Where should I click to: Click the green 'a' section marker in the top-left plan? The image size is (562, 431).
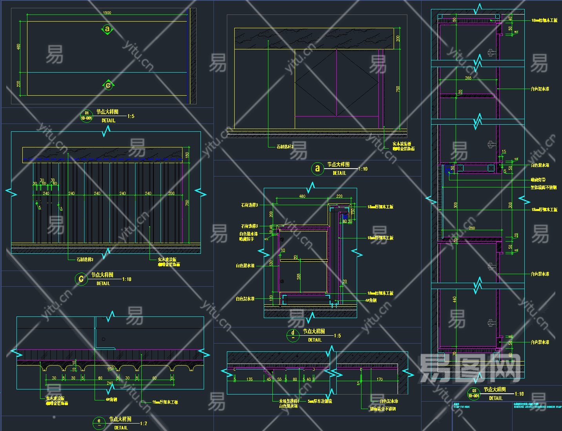pyautogui.click(x=107, y=29)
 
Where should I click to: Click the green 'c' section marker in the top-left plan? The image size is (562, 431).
pyautogui.click(x=108, y=85)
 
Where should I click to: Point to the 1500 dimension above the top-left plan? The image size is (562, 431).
pyautogui.click(x=107, y=13)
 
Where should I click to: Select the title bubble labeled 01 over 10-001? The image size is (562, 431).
pyautogui.click(x=86, y=116)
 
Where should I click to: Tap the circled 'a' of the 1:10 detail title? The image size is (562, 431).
pyautogui.click(x=317, y=169)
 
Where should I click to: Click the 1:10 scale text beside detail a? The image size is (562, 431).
pyautogui.click(x=363, y=169)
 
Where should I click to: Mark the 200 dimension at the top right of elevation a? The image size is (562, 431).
pyautogui.click(x=398, y=38)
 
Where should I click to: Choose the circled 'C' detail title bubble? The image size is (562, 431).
pyautogui.click(x=81, y=279)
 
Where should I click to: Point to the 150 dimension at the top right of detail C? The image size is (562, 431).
pyautogui.click(x=187, y=155)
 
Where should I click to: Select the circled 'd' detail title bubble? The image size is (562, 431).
pyautogui.click(x=293, y=335)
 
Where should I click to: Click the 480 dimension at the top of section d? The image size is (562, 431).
pyautogui.click(x=302, y=196)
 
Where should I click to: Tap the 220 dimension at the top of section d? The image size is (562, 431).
pyautogui.click(x=339, y=196)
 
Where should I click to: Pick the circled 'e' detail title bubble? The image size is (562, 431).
pyautogui.click(x=99, y=423)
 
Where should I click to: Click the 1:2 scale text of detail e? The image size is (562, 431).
pyautogui.click(x=143, y=424)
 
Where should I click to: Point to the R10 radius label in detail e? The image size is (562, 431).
pyautogui.click(x=111, y=369)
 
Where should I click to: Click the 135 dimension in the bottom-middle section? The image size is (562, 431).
pyautogui.click(x=249, y=380)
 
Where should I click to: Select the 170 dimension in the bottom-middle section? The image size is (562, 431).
pyautogui.click(x=380, y=380)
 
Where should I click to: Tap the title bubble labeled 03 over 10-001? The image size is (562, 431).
pyautogui.click(x=474, y=393)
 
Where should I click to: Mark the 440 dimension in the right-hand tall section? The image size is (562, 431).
pyautogui.click(x=454, y=299)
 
